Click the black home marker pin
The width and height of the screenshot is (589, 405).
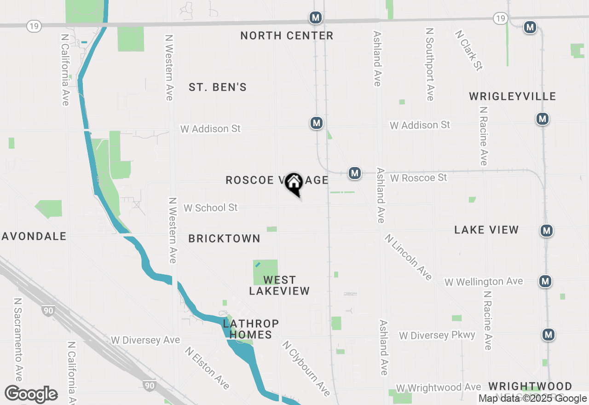[294, 183]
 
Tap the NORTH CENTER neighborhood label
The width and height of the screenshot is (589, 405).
[287, 36]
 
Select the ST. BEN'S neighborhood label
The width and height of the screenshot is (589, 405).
[218, 87]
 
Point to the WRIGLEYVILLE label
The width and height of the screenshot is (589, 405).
[513, 96]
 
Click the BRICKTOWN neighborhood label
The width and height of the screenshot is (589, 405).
[225, 238]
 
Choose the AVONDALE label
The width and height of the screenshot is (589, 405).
[35, 236]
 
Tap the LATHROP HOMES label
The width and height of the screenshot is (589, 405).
[251, 329]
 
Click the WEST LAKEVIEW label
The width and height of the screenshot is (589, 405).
[279, 285]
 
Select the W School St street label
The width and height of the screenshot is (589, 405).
[211, 208]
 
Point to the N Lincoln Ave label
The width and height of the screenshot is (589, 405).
[409, 257]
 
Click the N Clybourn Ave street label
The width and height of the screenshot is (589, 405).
[306, 368]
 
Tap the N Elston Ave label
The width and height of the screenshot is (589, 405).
[207, 368]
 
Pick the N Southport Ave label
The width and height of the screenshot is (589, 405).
[430, 64]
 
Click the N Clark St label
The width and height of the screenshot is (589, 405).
[468, 51]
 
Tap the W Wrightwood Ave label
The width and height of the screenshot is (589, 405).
[439, 388]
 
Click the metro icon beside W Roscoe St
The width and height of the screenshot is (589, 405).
[354, 173]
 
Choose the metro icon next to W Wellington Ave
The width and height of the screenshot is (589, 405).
[545, 281]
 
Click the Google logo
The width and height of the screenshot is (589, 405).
[31, 394]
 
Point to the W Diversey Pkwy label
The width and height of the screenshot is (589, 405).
[437, 335]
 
